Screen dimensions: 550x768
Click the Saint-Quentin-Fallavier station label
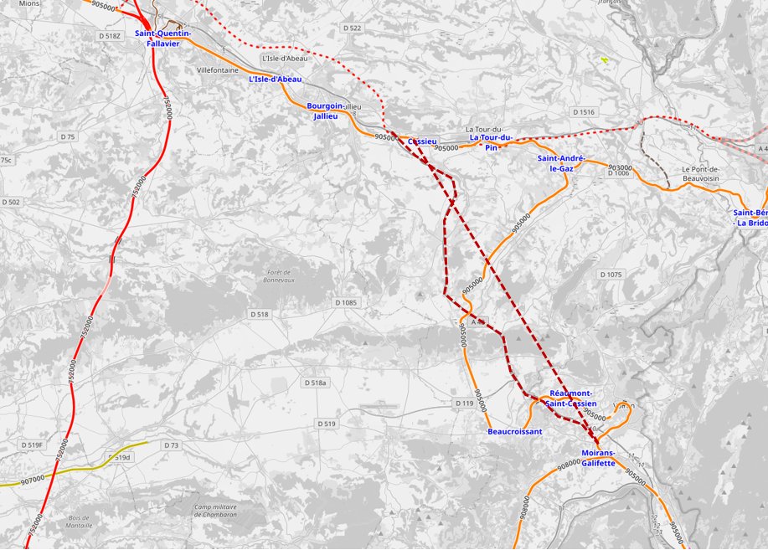click(162, 38)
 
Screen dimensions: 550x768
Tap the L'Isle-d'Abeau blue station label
click(276, 80)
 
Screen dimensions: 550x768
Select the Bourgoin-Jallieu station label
click(325, 111)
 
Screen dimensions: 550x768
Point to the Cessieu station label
click(422, 142)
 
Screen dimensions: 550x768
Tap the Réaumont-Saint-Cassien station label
click(570, 398)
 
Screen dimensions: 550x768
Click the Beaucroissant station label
click(514, 432)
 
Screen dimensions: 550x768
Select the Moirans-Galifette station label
click(598, 458)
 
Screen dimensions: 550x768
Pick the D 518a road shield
click(316, 383)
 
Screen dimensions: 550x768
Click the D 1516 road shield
click(584, 112)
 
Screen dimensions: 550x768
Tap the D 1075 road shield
click(611, 275)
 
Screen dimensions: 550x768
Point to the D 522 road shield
click(353, 28)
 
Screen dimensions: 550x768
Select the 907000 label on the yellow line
click(34, 478)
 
